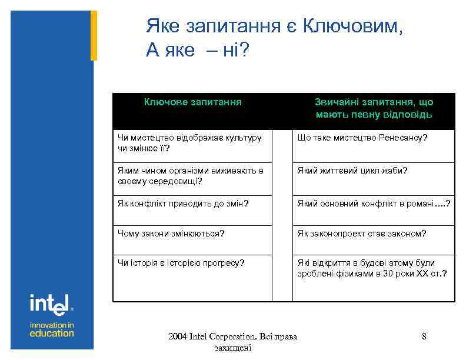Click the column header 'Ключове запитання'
coord(193,102)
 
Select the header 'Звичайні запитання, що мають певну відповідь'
coord(374,108)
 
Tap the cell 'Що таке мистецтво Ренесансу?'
coord(362,138)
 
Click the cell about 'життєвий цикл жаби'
coord(352,171)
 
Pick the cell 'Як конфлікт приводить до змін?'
coord(183,204)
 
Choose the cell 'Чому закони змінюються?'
coord(171,234)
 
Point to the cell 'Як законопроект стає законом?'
coord(362,234)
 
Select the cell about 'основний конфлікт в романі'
coord(374,204)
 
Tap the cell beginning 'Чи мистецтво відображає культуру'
coord(189,142)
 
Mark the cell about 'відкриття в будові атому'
coord(372,268)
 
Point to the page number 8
coord(424,336)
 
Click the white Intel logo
coord(49,305)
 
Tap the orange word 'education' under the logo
coord(52,333)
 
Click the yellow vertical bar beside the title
coord(94,35)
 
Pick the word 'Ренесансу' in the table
coord(403,138)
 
